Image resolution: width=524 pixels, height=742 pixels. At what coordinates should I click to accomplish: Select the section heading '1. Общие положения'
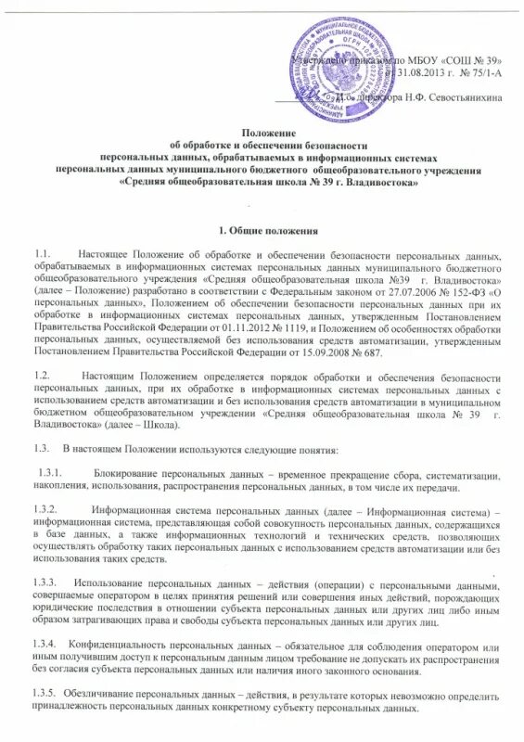coord(262,229)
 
